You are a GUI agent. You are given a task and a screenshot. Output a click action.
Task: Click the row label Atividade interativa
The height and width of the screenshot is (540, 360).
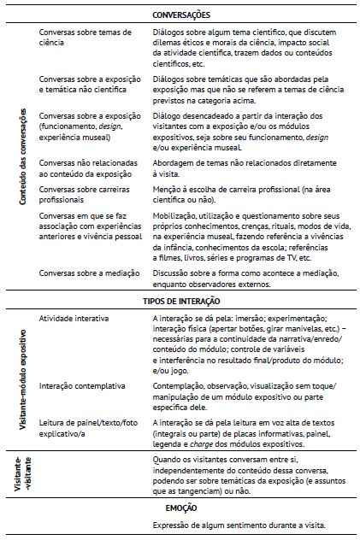(x=74, y=318)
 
